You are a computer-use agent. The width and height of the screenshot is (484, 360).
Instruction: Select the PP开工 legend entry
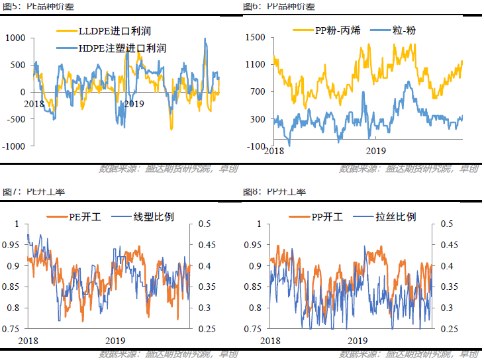[x=328, y=217]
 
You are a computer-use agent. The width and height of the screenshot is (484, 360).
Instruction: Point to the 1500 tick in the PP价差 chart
[x=254, y=38]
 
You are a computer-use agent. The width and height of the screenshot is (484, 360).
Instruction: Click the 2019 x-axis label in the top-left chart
[x=134, y=104]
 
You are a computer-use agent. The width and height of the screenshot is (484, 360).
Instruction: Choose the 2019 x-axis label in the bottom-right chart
[x=358, y=340]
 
